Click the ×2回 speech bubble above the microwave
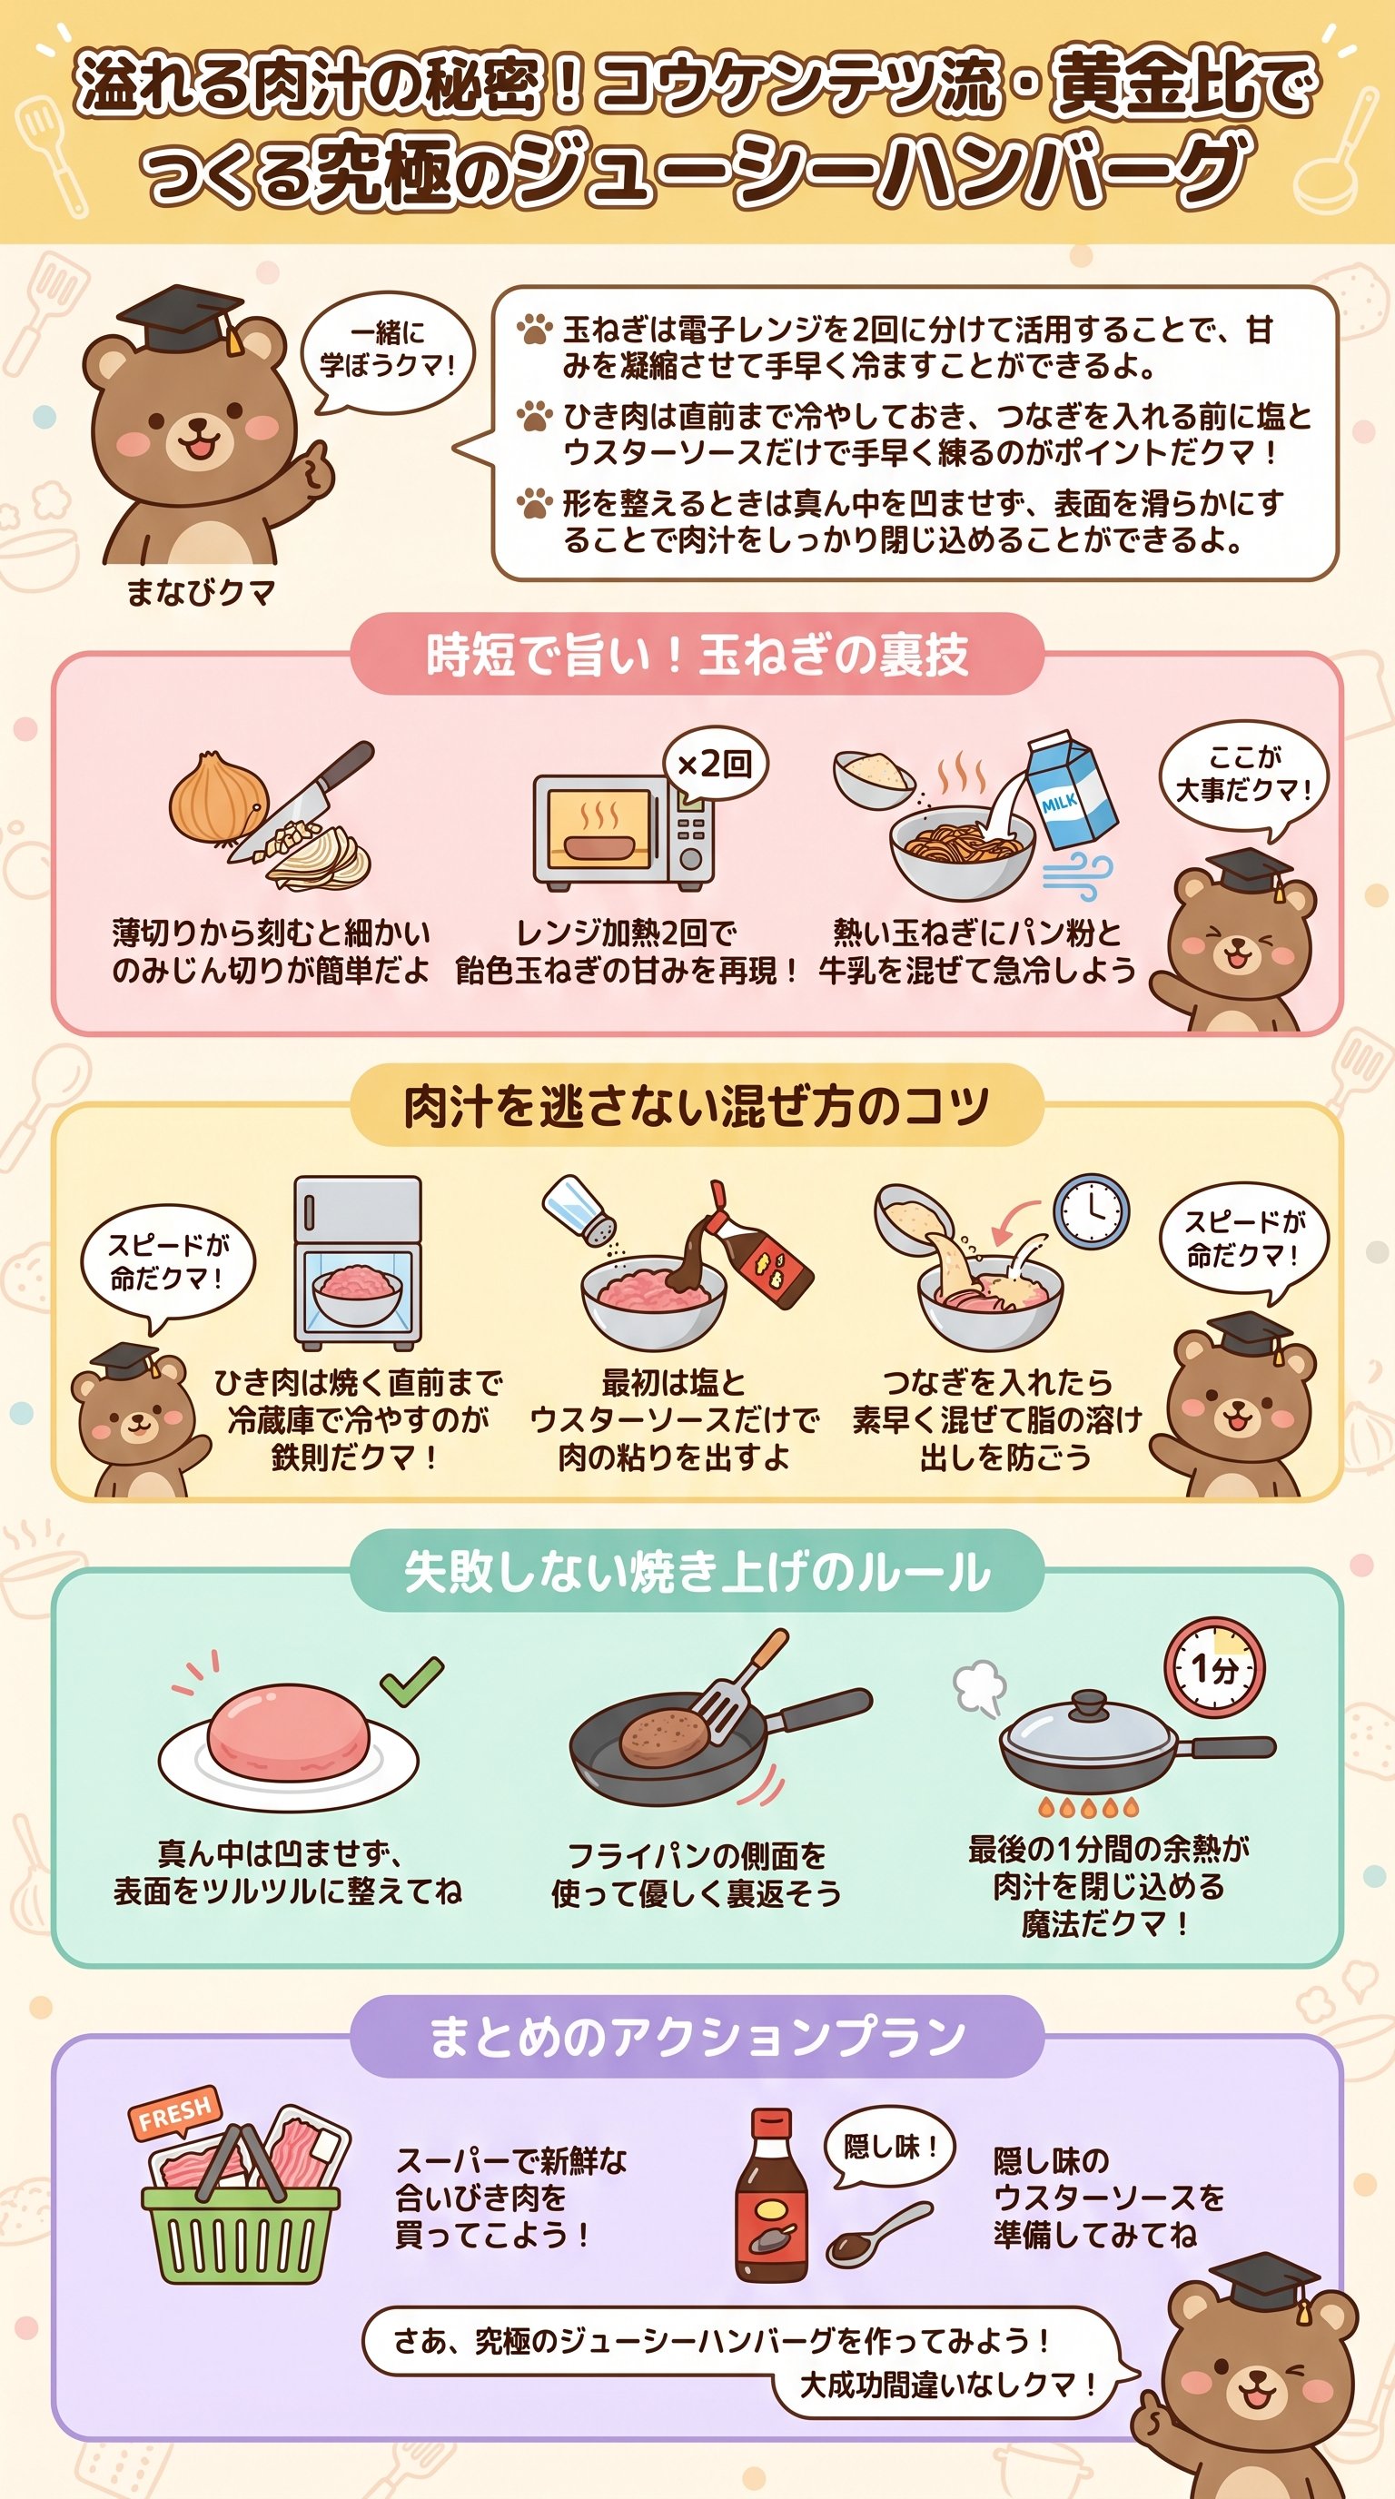click(x=715, y=764)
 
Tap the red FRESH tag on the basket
click(x=174, y=2112)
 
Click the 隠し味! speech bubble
click(x=888, y=2146)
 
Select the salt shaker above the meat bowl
click(x=579, y=1209)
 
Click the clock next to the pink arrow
click(x=1092, y=1210)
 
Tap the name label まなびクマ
click(x=201, y=592)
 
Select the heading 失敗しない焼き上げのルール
click(x=697, y=1571)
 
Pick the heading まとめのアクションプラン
click(x=697, y=2035)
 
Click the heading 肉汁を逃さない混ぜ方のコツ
click(x=697, y=1106)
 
